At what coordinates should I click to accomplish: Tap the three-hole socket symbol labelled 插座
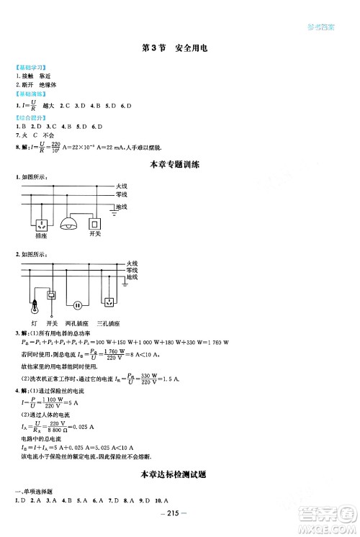coord(41,222)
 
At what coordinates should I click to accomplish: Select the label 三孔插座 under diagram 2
coord(111,324)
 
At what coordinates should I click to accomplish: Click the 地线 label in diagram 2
coord(131,277)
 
